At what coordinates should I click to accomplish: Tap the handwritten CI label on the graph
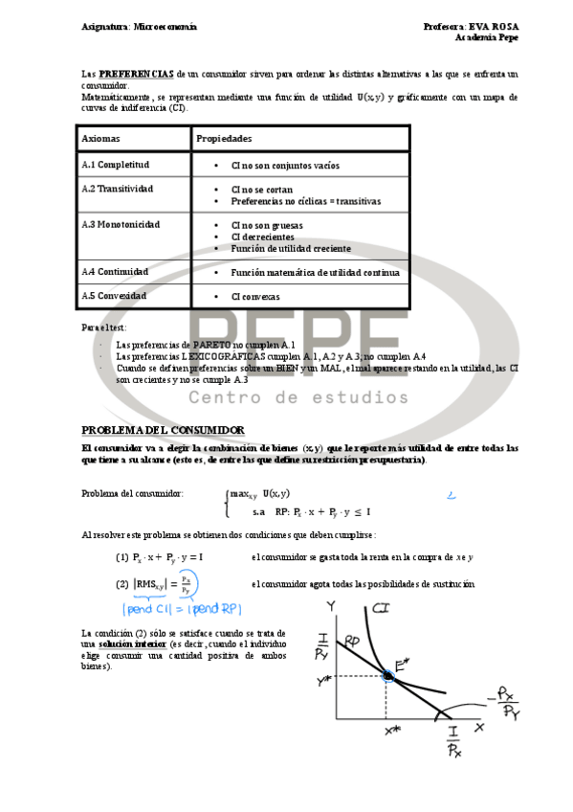(380, 608)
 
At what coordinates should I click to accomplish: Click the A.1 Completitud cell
(116, 165)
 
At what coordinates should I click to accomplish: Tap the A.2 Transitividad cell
(118, 189)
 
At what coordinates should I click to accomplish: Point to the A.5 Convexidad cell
(114, 296)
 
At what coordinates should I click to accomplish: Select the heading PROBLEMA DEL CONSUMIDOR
(163, 430)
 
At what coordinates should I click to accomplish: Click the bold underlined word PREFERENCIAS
(137, 73)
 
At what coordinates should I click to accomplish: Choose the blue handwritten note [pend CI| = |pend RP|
(177, 608)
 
